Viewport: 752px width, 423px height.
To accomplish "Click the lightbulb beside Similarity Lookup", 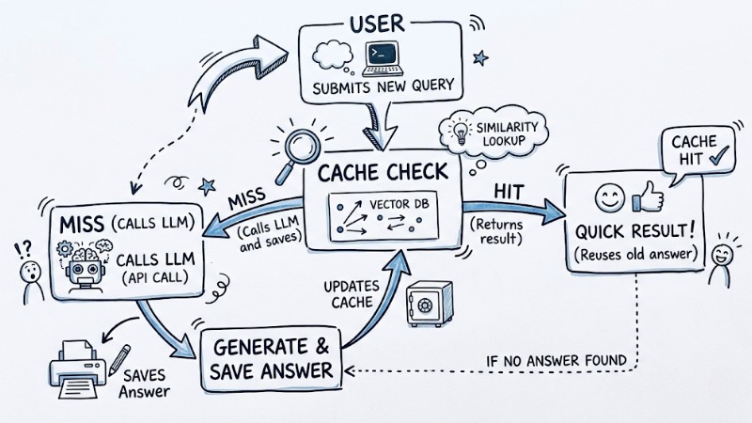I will pyautogui.click(x=459, y=130).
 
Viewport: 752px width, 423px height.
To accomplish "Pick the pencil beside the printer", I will pyautogui.click(x=119, y=358).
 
